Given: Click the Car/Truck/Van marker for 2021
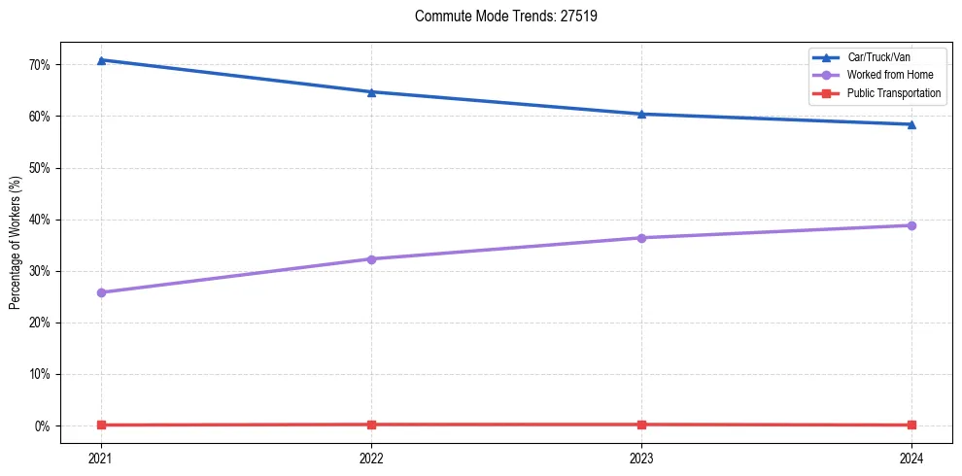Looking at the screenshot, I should pyautogui.click(x=101, y=60).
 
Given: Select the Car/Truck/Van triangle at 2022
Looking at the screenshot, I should pyautogui.click(x=371, y=92).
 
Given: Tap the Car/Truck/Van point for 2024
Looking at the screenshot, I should pyautogui.click(x=911, y=124).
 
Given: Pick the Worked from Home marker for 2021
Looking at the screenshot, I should pyautogui.click(x=101, y=292).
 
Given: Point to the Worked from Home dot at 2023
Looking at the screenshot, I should pyautogui.click(x=641, y=238).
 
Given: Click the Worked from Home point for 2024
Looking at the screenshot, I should pyautogui.click(x=911, y=225).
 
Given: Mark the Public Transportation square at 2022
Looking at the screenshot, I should pyautogui.click(x=371, y=425).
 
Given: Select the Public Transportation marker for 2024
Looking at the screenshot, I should pyautogui.click(x=911, y=425).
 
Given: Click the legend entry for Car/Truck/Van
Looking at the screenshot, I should pyautogui.click(x=878, y=58).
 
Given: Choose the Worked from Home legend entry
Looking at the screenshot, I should pyautogui.click(x=889, y=75).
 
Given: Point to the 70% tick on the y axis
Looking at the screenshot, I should pyautogui.click(x=45, y=65).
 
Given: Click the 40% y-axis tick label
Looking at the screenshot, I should pyautogui.click(x=45, y=220).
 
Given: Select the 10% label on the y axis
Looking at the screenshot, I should pyautogui.click(x=45, y=374).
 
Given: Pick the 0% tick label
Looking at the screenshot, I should pyautogui.click(x=48, y=425).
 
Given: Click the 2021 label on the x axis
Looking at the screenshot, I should pyautogui.click(x=101, y=458).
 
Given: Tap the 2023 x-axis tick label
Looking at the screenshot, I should pyautogui.click(x=641, y=458).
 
